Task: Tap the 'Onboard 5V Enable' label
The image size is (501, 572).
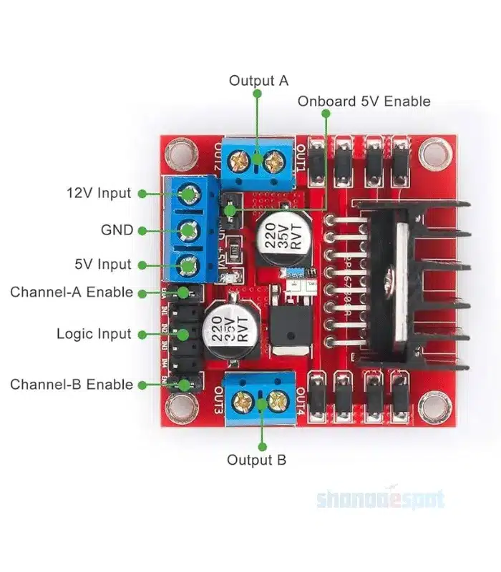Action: point(364,101)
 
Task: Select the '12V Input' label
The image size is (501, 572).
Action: point(99,193)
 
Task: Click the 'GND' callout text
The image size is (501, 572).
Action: point(117,230)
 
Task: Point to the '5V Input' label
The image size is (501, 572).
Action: point(102,265)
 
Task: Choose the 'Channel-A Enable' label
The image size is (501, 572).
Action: point(72,292)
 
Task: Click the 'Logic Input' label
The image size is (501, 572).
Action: point(94,334)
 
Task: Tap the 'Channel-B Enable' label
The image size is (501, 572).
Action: point(72,385)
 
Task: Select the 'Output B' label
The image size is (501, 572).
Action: point(256,460)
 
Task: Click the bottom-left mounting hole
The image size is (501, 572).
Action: point(178,409)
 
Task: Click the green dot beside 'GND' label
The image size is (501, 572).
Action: point(142,230)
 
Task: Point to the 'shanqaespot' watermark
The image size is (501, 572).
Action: point(381,499)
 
